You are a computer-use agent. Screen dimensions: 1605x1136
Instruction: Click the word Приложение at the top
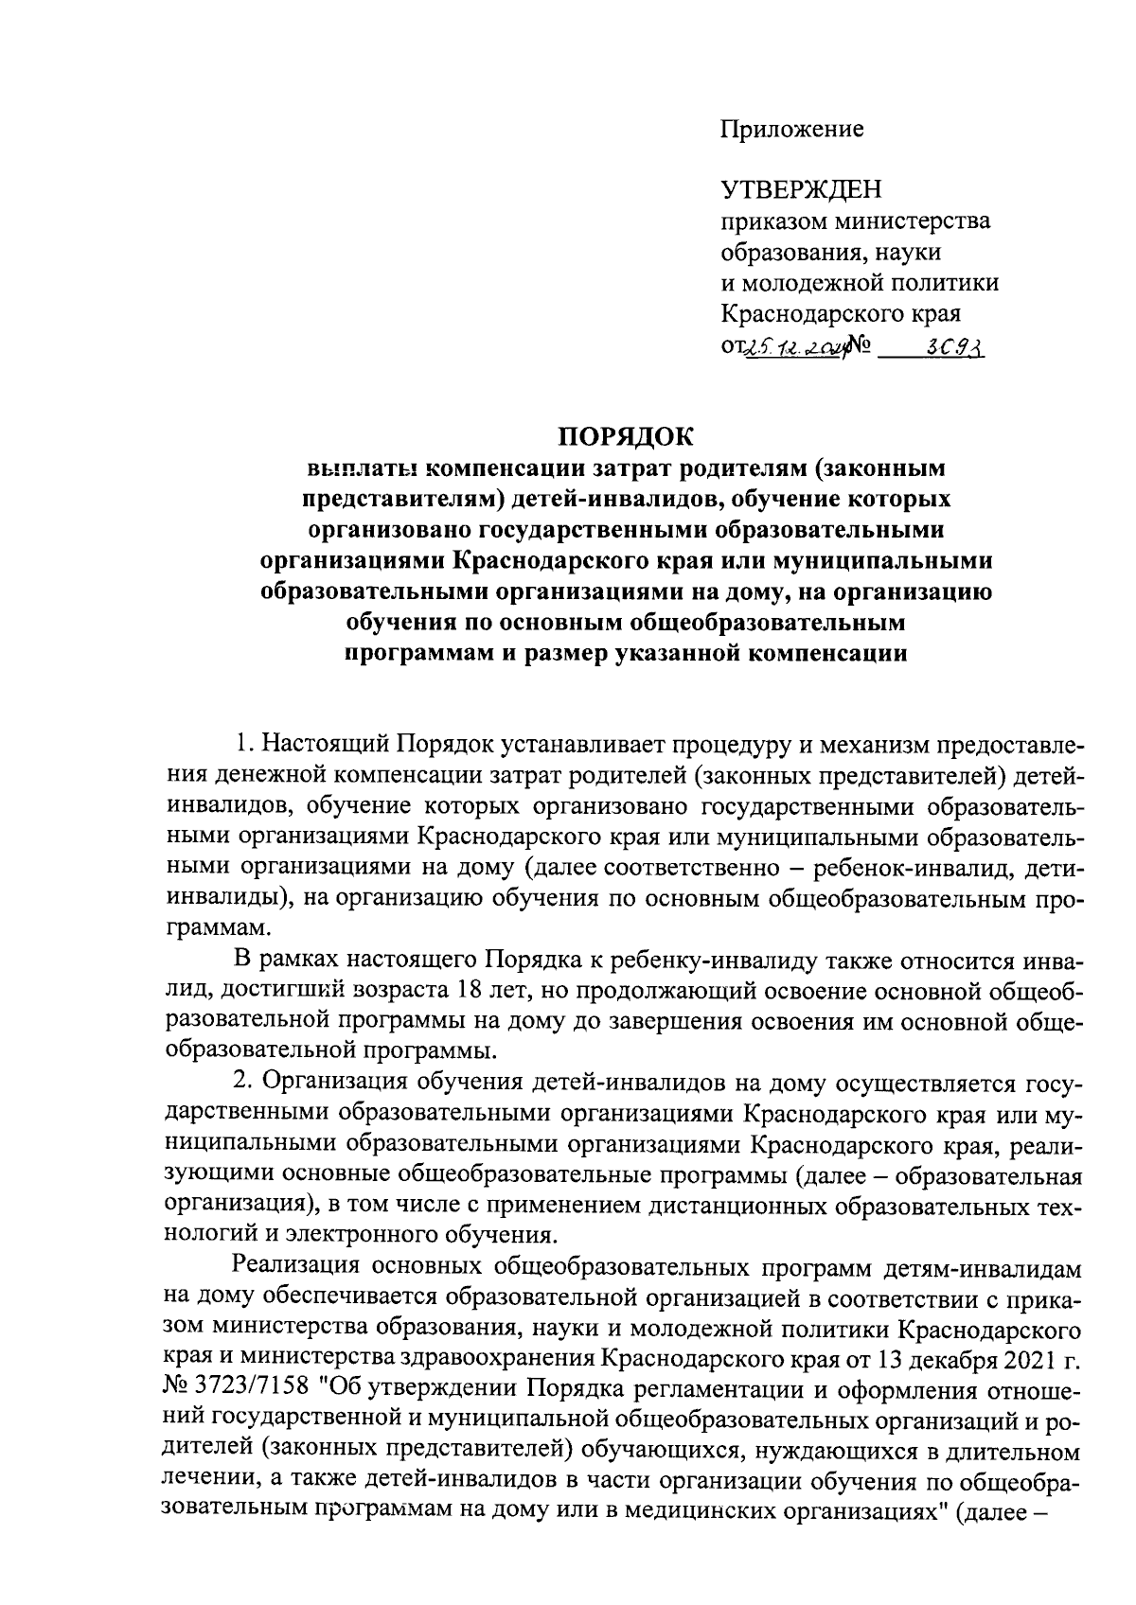pyautogui.click(x=792, y=129)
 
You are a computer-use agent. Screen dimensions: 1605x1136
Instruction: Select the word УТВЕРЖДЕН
pyautogui.click(x=801, y=191)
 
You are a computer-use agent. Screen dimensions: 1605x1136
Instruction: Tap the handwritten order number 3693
pyautogui.click(x=955, y=350)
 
